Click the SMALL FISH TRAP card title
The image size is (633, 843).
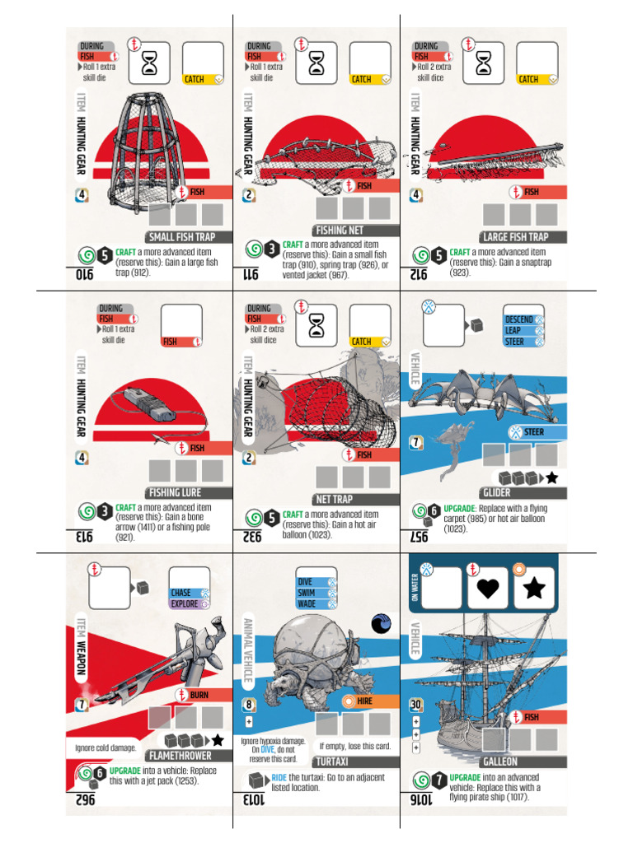[x=182, y=237]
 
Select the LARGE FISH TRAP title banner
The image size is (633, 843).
[x=515, y=237]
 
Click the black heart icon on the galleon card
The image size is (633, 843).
[x=488, y=588]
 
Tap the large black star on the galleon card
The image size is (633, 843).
[x=534, y=588]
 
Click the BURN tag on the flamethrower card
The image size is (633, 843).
[x=199, y=695]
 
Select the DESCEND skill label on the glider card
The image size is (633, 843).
[x=519, y=319]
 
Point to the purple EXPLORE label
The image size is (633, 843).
[x=185, y=603]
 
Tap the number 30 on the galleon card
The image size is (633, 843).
[x=416, y=705]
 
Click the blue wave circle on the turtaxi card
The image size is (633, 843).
[x=381, y=624]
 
